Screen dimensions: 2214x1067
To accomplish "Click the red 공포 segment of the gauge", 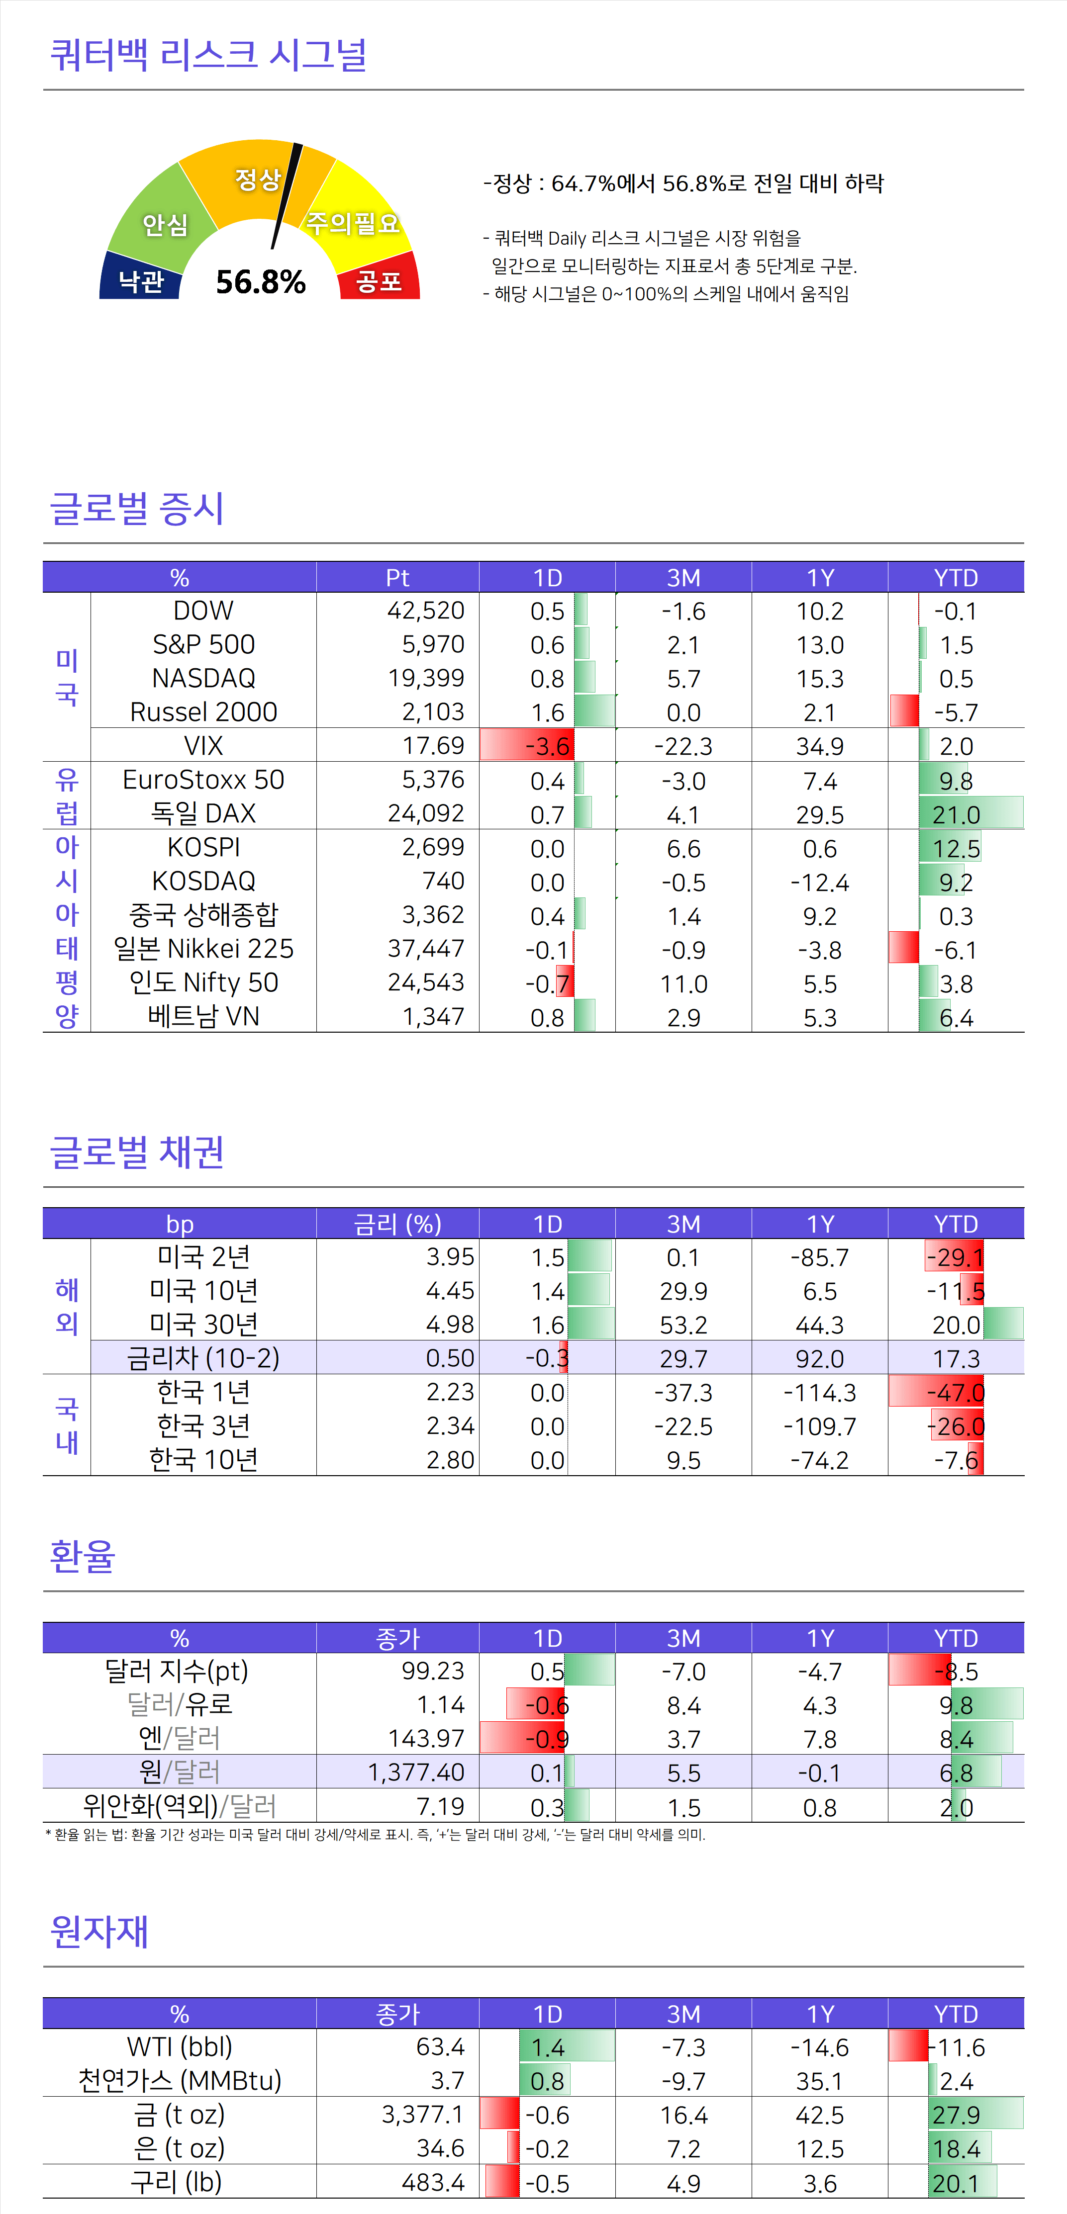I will coord(379,279).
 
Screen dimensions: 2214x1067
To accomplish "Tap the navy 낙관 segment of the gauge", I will coord(141,279).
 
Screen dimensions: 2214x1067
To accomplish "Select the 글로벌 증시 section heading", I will coord(138,508).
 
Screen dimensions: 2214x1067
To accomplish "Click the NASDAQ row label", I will coord(204,678).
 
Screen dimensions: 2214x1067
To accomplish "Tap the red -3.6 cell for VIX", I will coord(547,745).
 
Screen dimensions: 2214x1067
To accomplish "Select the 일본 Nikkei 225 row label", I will coord(204,949).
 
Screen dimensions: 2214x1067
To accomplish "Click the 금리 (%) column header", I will coord(397,1223).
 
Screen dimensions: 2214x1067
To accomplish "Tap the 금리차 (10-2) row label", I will coord(204,1358).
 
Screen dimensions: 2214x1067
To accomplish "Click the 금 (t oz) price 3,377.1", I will coord(422,2114).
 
